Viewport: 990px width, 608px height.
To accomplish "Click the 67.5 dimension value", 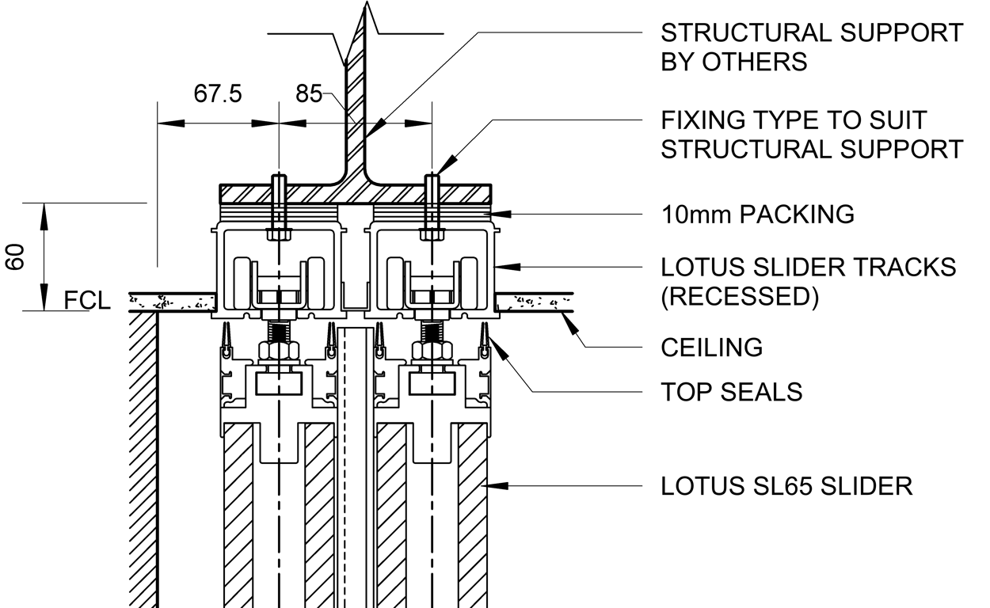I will pos(218,94).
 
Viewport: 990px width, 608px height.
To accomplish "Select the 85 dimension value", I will pos(309,94).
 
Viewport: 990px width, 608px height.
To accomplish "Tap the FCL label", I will pos(86,301).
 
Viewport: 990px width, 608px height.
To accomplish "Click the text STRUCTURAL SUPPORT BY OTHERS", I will pos(811,47).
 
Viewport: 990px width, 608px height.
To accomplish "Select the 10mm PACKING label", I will pos(757,214).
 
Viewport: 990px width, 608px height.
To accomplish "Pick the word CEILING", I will pos(711,347).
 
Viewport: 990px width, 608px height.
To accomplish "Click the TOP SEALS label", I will pos(731,391).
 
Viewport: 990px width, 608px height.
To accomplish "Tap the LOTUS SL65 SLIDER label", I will pos(786,485).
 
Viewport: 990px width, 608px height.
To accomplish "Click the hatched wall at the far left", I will pos(143,459).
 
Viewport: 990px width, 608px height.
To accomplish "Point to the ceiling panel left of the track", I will pos(174,302).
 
